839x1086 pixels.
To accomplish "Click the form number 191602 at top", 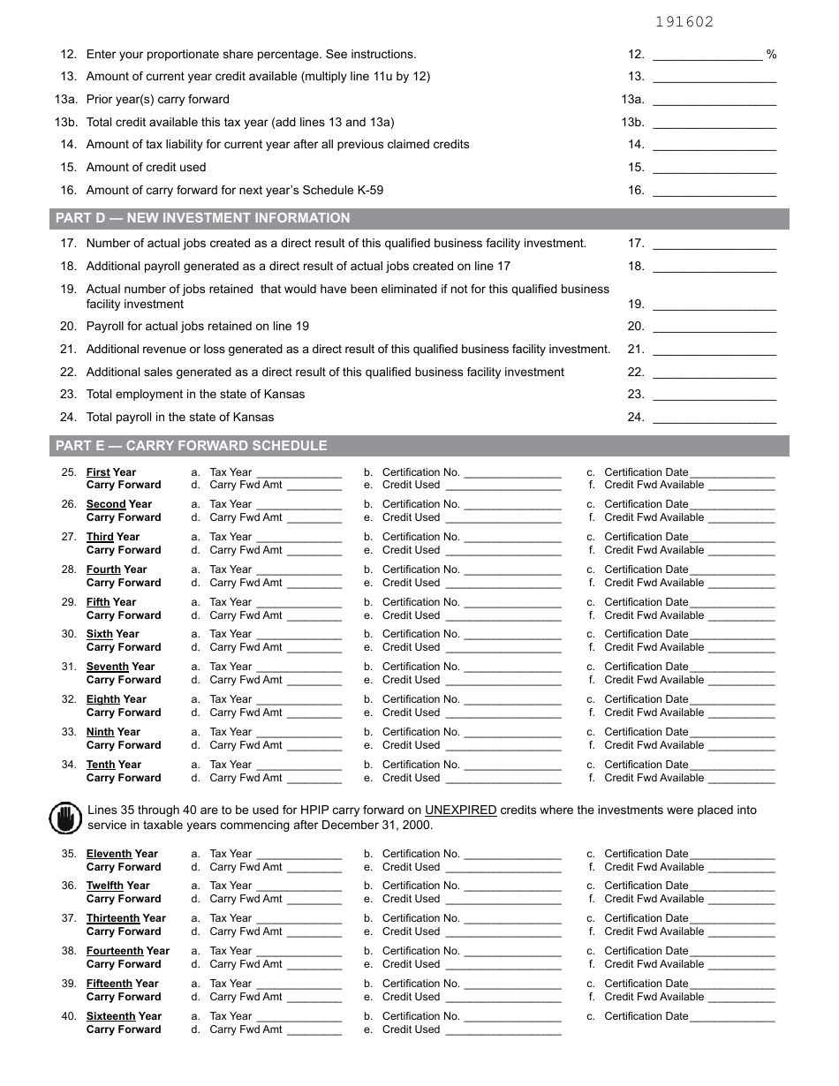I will pos(684,22).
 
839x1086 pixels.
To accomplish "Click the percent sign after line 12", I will pos(771,55).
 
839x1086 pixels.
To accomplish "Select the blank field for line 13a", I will pos(714,100).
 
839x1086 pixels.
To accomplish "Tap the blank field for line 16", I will pos(714,191).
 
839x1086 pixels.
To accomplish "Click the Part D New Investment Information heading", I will pos(202,218).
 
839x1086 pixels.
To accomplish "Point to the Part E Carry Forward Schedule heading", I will pos(191,446).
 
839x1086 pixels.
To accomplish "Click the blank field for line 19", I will pos(714,305).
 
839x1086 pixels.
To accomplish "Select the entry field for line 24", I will pos(714,418).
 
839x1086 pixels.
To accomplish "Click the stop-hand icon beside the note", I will pos(64,818).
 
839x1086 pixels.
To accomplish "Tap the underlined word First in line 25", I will pos(98,472).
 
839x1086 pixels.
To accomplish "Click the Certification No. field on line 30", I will pos(512,635).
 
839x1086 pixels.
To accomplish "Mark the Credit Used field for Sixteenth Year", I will pos(502,1030).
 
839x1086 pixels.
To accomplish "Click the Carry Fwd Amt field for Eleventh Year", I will pos(314,868).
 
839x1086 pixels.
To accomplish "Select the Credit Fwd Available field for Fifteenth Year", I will pos(741,998).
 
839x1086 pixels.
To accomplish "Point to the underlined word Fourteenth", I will pos(114,951).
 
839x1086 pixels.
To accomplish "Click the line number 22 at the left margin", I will pos(69,373).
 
